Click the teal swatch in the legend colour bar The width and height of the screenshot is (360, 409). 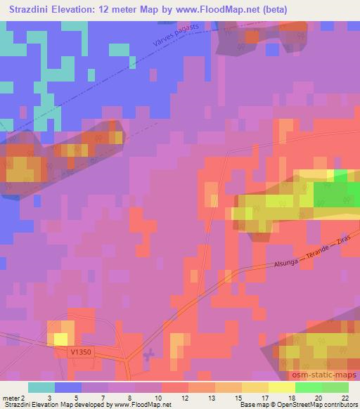(x=41, y=387)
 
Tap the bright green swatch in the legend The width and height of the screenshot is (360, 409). (x=309, y=387)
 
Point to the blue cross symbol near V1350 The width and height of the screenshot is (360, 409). (x=148, y=356)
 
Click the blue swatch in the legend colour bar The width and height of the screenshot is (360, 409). (x=68, y=387)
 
